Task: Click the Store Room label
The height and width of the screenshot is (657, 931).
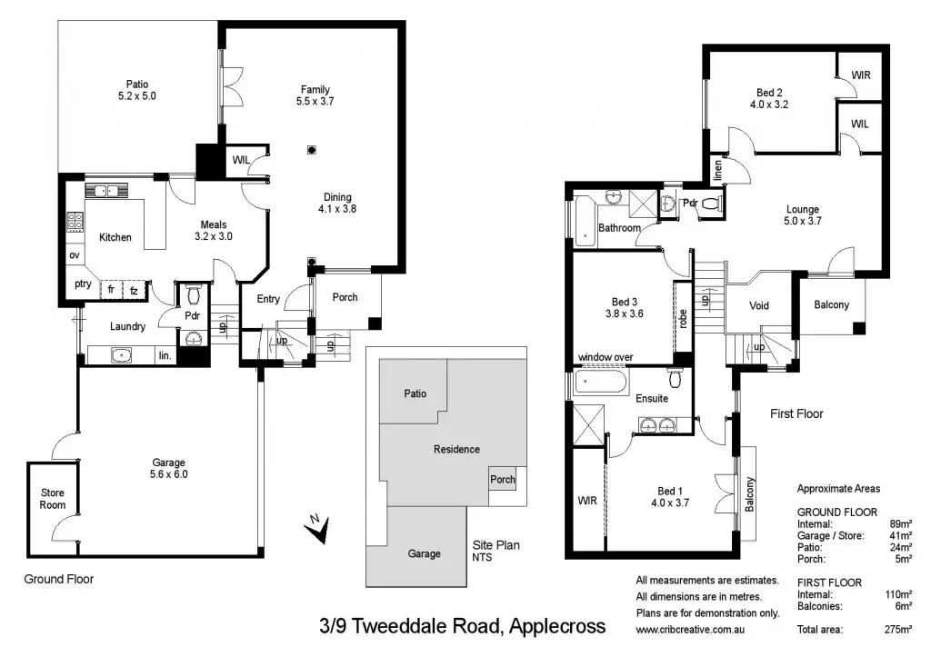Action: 52,499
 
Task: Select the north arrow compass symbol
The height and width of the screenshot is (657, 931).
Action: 316,528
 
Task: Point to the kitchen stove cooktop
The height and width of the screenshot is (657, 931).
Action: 75,221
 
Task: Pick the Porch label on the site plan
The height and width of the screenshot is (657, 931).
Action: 502,480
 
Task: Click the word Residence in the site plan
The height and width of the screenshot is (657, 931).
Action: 456,449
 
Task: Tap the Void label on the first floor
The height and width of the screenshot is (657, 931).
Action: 758,305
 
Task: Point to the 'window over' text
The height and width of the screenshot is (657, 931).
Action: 606,358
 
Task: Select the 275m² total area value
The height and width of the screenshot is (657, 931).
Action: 899,629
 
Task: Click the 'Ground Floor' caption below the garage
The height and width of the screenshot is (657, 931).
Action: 58,579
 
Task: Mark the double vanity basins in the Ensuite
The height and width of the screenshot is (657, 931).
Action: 659,423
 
